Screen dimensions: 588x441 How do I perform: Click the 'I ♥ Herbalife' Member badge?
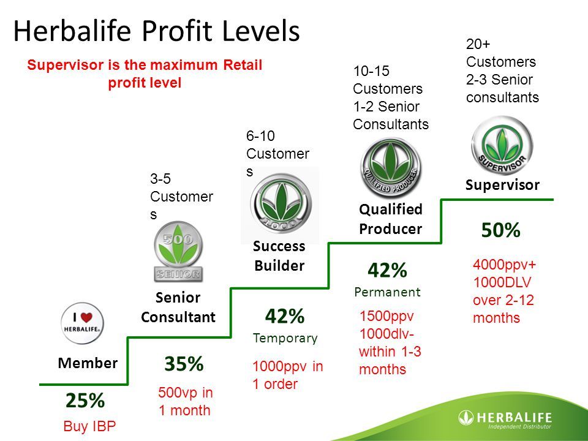[83, 323]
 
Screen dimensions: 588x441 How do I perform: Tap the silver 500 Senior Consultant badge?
[178, 252]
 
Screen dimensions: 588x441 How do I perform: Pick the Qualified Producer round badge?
[391, 168]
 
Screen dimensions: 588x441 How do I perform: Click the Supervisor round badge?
[502, 145]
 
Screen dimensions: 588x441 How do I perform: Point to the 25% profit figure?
[85, 400]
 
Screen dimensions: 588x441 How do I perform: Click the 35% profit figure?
[184, 363]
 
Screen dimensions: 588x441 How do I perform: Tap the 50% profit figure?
[500, 230]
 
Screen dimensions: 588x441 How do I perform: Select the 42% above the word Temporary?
[285, 316]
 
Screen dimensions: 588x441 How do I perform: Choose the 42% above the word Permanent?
[387, 270]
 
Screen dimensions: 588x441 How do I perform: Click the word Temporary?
[285, 338]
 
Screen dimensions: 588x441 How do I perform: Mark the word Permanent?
[387, 292]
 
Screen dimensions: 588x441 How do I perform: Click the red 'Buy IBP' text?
[89, 426]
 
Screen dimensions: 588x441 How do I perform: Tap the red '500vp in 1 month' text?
[185, 401]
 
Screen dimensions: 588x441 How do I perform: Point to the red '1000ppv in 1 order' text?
[287, 375]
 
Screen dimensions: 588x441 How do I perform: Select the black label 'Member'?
[88, 363]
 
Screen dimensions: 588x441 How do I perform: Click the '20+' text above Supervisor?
[478, 44]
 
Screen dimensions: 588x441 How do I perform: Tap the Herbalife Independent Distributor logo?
[505, 419]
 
